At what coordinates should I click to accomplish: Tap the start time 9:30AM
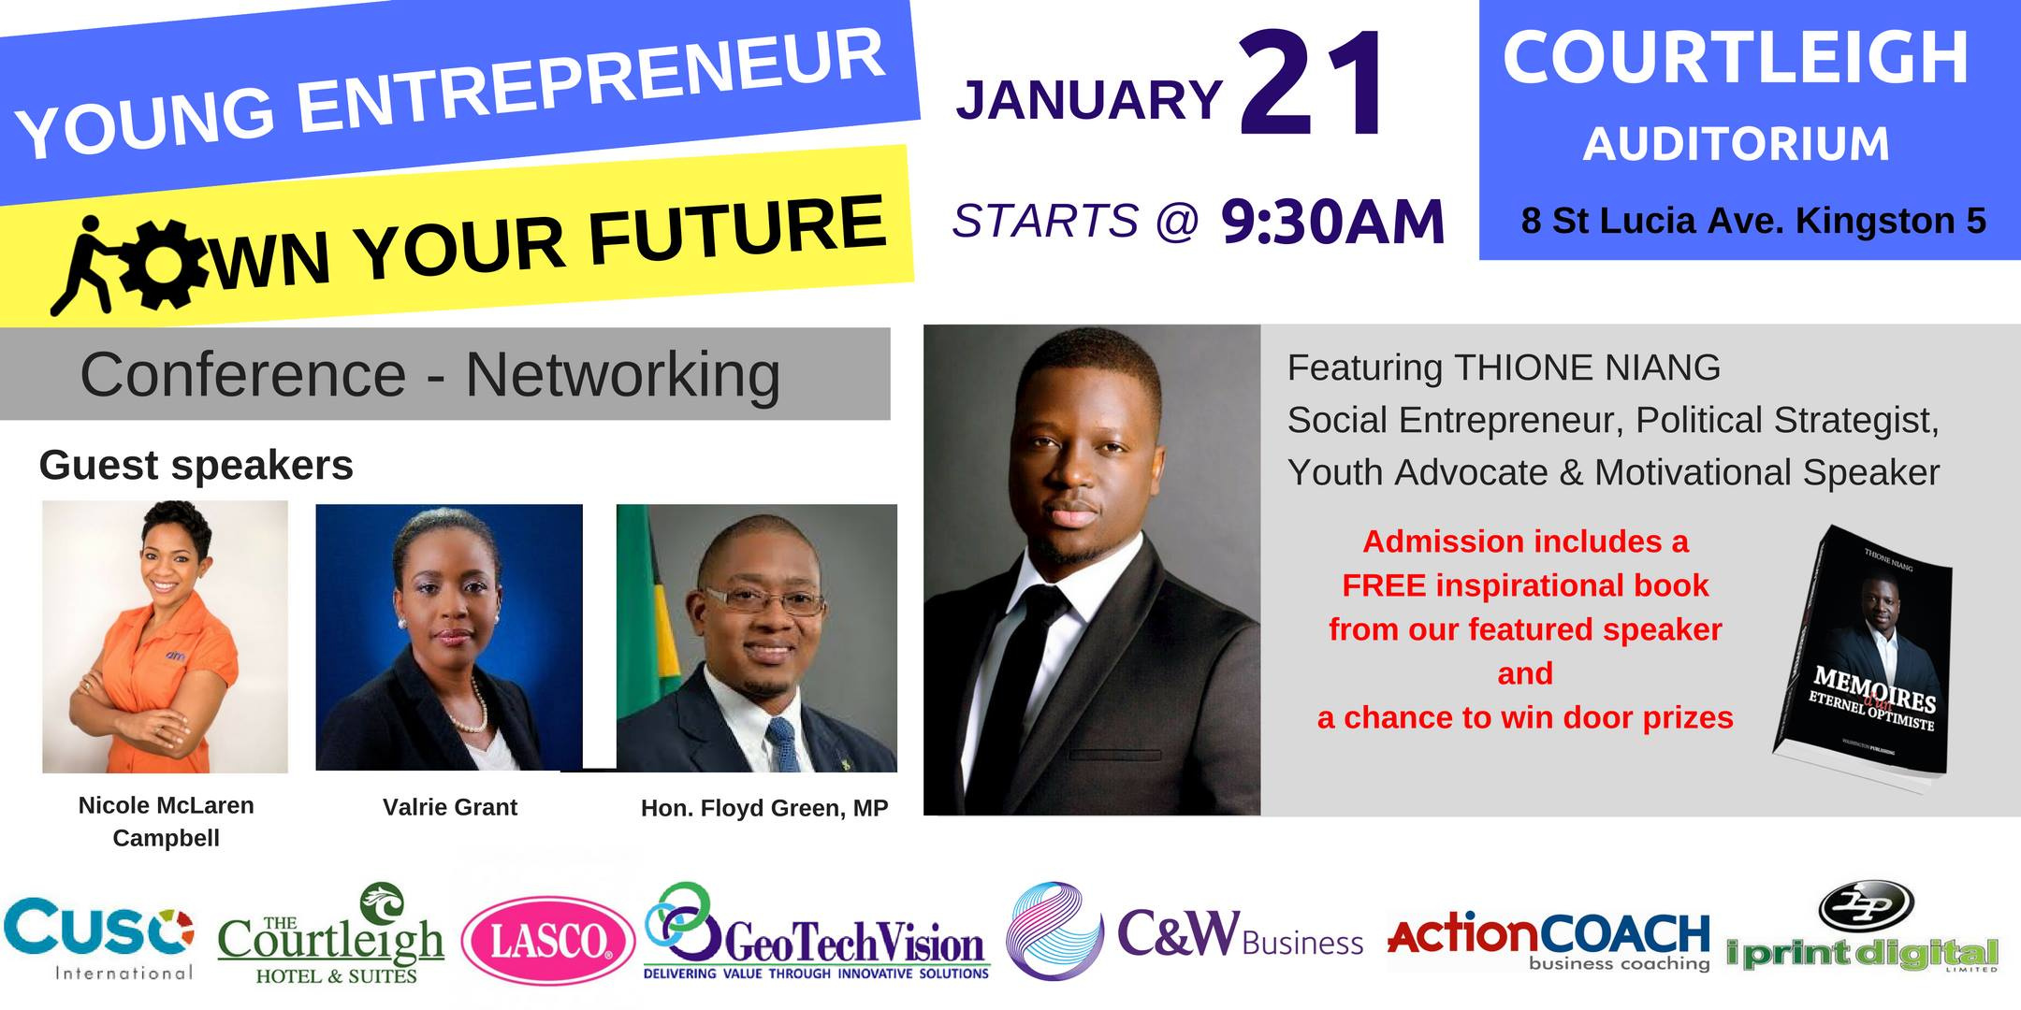1333,223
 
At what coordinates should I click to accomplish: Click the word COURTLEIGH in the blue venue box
1736,58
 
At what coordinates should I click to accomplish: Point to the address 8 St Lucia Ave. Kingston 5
1753,221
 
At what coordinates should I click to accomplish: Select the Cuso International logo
99,938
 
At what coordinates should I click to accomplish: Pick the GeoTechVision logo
816,932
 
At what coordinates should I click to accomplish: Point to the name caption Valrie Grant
450,807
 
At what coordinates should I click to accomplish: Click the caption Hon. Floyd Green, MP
764,808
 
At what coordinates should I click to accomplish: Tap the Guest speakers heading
196,465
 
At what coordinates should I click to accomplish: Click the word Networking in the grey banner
623,376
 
